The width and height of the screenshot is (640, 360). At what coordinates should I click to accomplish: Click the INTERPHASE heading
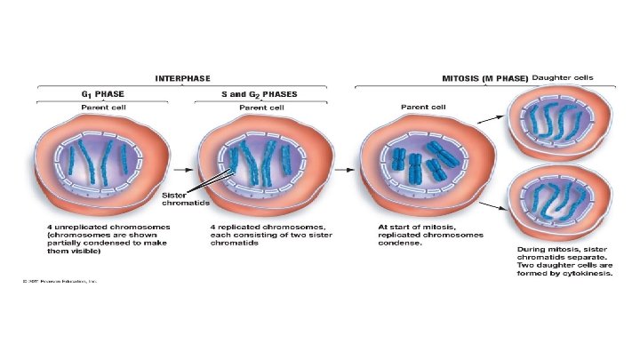pos(182,77)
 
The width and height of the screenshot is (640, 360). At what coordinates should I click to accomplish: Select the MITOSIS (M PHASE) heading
pos(485,78)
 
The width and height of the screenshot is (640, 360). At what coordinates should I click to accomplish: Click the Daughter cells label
pos(564,77)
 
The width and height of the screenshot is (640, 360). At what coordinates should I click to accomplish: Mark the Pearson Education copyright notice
pos(60,282)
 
